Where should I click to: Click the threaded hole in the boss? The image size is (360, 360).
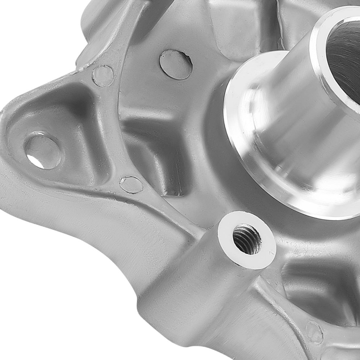(247, 239)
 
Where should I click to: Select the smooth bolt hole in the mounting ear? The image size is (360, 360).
(42, 150)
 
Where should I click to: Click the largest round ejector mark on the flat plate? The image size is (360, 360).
(176, 64)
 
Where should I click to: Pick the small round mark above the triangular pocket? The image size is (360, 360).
(103, 76)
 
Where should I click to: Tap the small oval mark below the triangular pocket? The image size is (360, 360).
(131, 185)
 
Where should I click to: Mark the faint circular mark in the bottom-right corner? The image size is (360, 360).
(314, 332)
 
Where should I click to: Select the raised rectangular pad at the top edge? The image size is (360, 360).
(234, 22)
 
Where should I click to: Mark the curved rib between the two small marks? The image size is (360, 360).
(117, 130)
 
